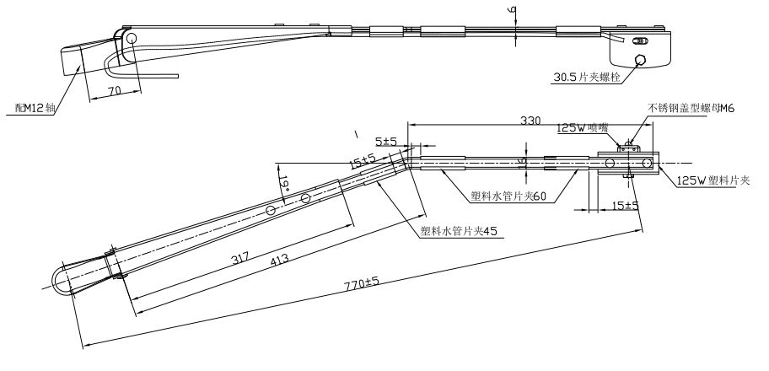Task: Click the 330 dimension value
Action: (530, 121)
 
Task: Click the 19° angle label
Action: (283, 180)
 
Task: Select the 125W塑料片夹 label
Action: (713, 180)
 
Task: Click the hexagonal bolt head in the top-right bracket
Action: (643, 59)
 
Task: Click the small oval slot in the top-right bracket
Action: (642, 40)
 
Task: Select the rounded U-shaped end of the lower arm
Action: (62, 281)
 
